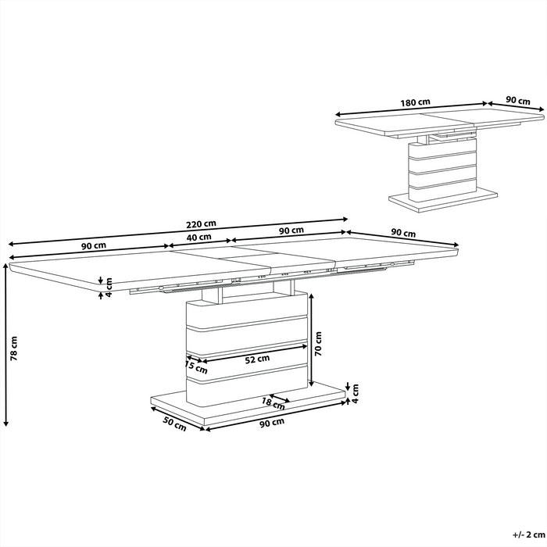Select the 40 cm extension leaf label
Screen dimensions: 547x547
199,237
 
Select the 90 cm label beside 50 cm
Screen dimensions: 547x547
271,423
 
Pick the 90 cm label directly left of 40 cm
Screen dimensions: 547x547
94,245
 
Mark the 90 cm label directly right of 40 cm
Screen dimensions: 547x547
291,231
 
